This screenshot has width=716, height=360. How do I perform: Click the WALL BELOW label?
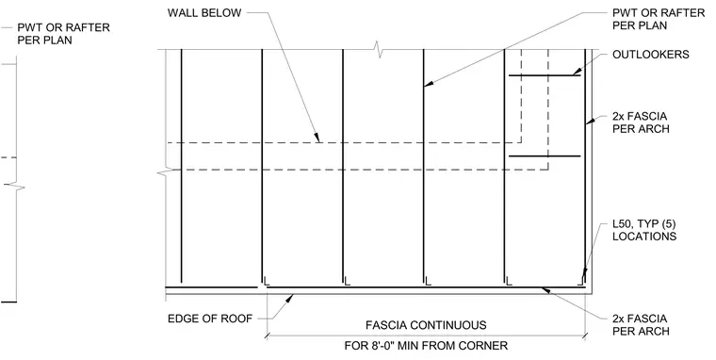[x=204, y=13]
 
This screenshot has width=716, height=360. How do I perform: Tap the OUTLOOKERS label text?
[x=651, y=55]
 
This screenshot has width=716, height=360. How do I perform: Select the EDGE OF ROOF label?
[x=210, y=319]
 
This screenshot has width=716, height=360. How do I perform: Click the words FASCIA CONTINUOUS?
[x=426, y=325]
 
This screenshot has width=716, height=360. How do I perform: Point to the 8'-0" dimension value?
[x=380, y=345]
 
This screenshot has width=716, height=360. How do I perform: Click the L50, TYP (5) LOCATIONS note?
[x=644, y=230]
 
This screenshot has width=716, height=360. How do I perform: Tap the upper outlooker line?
[x=545, y=75]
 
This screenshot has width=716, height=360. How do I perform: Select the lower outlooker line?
[x=545, y=156]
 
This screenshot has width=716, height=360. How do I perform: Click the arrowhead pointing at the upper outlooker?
[x=577, y=72]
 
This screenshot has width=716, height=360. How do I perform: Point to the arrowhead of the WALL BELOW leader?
[x=317, y=137]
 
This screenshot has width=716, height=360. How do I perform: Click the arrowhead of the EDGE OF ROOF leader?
[x=289, y=300]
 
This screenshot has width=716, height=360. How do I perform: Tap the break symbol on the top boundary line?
[x=378, y=49]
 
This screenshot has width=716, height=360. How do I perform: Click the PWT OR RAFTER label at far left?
[x=63, y=34]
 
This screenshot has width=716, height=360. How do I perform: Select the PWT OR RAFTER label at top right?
[x=659, y=19]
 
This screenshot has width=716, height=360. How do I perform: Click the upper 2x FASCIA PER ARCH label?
[x=641, y=123]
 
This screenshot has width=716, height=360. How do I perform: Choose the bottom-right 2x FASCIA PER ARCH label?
[x=641, y=325]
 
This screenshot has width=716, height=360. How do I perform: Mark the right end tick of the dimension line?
[x=584, y=336]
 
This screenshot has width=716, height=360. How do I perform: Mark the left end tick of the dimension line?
[x=268, y=336]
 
